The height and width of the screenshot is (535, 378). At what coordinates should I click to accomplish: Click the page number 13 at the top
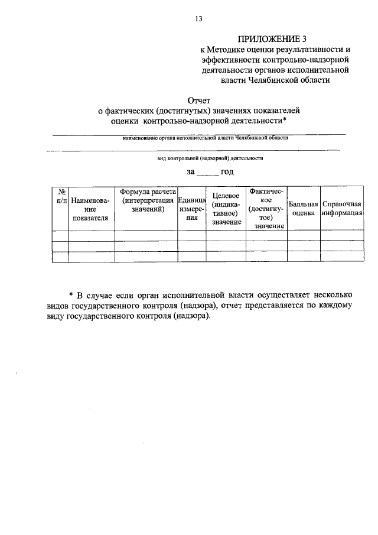tap(198, 19)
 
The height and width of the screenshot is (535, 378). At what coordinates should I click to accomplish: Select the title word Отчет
tap(198, 100)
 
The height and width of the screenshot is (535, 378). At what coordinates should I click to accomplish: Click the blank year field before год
tap(207, 172)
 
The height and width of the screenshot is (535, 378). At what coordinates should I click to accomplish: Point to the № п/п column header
tap(60, 197)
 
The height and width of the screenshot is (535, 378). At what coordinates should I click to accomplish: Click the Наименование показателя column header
tap(90, 209)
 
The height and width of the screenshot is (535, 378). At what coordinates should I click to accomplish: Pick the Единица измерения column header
tap(191, 209)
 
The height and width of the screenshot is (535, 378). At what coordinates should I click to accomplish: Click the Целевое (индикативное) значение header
tap(225, 209)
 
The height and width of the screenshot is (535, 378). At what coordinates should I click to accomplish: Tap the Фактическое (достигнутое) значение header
tap(266, 209)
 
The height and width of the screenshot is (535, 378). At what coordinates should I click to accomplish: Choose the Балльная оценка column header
tap(304, 209)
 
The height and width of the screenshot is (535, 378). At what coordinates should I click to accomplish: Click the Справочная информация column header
tap(341, 209)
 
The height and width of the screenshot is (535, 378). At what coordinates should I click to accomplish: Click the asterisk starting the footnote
tap(70, 295)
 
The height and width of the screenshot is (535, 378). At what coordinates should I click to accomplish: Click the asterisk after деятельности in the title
tap(285, 121)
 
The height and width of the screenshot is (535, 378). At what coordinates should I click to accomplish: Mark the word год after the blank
tap(227, 172)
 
